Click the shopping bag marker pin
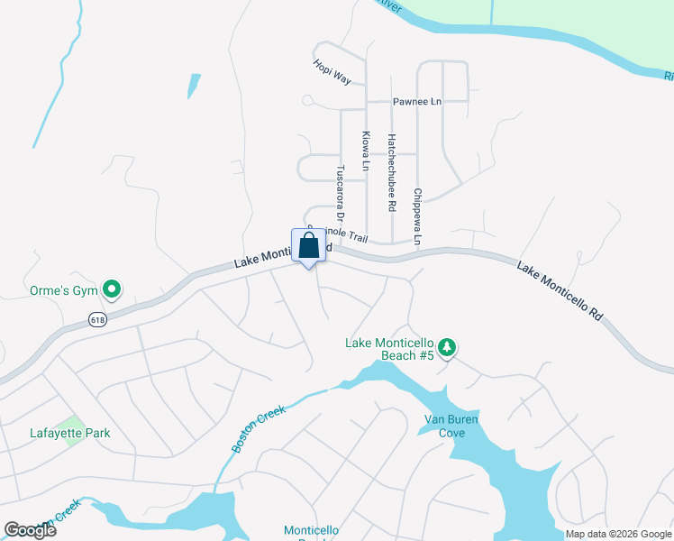(x=308, y=246)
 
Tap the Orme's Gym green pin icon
(x=112, y=289)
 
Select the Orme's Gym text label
(x=62, y=290)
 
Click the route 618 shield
(x=97, y=319)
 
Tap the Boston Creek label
(x=259, y=428)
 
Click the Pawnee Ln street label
(x=416, y=102)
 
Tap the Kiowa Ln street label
(x=366, y=151)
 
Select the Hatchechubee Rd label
(x=392, y=173)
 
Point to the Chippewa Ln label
(x=417, y=216)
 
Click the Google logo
(x=30, y=529)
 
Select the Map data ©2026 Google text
(x=618, y=534)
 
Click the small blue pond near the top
(x=194, y=86)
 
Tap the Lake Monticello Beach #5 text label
(x=390, y=349)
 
